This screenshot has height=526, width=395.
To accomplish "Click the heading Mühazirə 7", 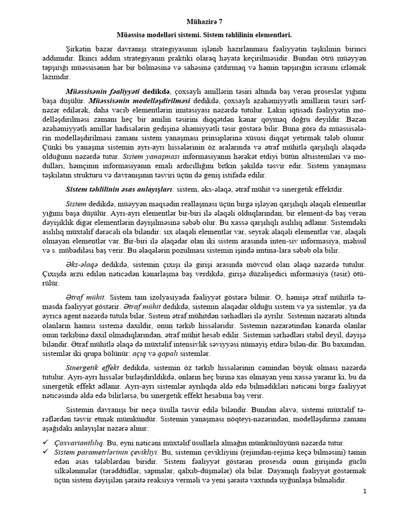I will [x=197, y=23].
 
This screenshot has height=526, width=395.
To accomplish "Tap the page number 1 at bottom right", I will [x=365, y=492].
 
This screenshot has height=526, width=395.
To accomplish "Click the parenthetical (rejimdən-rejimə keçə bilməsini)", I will [x=284, y=452].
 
